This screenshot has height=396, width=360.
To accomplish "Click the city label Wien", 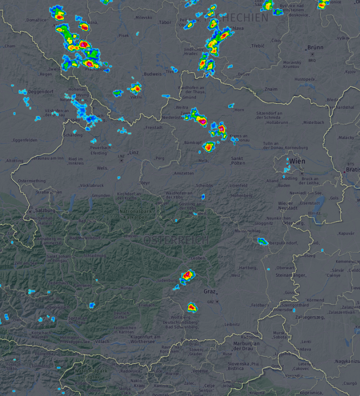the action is (x=297, y=161).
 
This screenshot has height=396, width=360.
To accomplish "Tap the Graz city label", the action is (x=210, y=291).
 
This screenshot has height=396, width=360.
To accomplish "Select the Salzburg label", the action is (x=45, y=210).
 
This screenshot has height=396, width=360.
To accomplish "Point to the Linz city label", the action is (x=134, y=152).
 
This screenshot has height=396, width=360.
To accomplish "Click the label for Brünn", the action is (x=315, y=48).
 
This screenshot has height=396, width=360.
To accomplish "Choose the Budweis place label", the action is (x=152, y=74).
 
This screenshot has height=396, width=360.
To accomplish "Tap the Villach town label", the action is (x=102, y=342).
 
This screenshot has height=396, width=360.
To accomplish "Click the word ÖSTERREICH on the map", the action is (x=176, y=240).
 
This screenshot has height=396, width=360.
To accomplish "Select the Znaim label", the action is (x=271, y=89).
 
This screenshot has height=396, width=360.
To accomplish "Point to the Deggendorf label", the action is (x=42, y=92).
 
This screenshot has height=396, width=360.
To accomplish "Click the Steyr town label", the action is (x=144, y=183).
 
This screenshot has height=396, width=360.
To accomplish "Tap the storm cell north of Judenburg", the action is (x=187, y=275).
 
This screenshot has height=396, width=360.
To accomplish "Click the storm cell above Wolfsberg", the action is (x=191, y=307).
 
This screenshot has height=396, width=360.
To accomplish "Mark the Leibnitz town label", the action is (x=232, y=324).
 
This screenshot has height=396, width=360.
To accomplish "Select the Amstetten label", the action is (x=183, y=173).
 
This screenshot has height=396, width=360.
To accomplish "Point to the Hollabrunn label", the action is (x=277, y=122).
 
